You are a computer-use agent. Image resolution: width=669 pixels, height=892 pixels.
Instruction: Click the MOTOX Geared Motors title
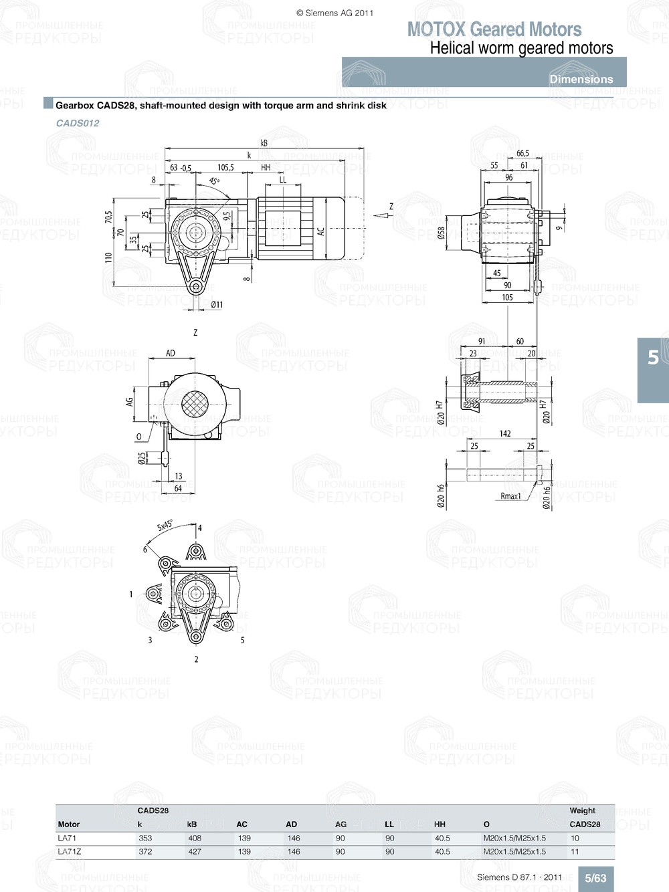pyautogui.click(x=494, y=29)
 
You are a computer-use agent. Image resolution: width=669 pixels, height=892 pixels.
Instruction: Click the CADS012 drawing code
pyautogui.click(x=78, y=123)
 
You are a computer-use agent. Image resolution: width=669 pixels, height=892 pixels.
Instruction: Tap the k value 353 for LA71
pyautogui.click(x=145, y=838)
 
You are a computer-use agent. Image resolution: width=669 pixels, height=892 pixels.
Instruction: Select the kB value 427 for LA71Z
pyautogui.click(x=195, y=852)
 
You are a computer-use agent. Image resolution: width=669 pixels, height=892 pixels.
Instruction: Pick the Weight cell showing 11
pyautogui.click(x=575, y=852)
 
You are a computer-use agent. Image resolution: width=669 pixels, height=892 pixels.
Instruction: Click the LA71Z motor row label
pyautogui.click(x=70, y=852)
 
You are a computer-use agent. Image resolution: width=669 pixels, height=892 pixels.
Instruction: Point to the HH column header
pyautogui.click(x=440, y=824)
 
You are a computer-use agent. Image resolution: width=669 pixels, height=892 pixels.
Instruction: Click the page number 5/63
pyautogui.click(x=595, y=878)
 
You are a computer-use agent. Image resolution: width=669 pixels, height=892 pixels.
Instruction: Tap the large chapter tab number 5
pyautogui.click(x=653, y=358)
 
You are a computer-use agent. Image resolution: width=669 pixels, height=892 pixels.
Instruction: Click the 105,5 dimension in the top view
pyautogui.click(x=225, y=168)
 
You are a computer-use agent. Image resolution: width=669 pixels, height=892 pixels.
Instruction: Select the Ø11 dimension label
pyautogui.click(x=217, y=305)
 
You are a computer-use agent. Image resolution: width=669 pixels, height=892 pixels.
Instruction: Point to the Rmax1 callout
pyautogui.click(x=510, y=496)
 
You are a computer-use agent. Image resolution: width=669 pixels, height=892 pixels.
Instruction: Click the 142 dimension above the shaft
pyautogui.click(x=505, y=434)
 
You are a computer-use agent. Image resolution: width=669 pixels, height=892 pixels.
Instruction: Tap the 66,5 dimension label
pyautogui.click(x=522, y=154)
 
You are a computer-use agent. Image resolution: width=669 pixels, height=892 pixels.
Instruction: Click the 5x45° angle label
pyautogui.click(x=165, y=526)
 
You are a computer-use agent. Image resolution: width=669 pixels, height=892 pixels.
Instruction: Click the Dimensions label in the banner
pyautogui.click(x=581, y=79)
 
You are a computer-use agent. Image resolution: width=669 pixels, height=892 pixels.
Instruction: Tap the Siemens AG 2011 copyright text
pyautogui.click(x=334, y=13)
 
